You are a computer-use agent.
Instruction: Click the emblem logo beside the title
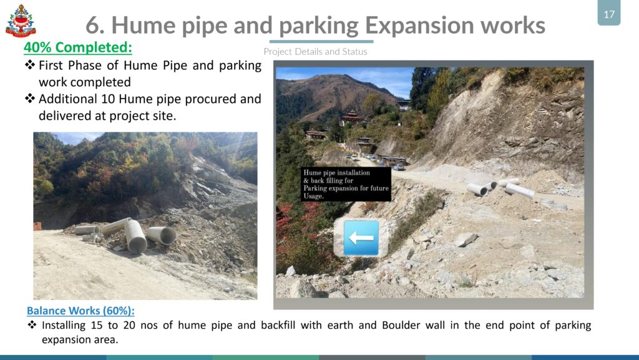[x=21, y=21]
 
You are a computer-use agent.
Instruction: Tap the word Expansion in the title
[x=419, y=25]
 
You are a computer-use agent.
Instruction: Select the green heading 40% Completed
[x=78, y=47]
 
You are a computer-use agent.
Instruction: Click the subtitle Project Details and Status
[x=315, y=52]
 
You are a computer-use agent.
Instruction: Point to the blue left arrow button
[x=361, y=238]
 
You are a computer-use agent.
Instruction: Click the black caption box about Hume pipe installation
[x=346, y=184]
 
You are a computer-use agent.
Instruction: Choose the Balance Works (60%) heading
[x=80, y=311]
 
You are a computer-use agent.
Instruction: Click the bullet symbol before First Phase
[x=30, y=65]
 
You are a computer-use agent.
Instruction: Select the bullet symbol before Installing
[x=32, y=324]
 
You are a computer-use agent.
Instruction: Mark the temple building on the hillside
[x=351, y=119]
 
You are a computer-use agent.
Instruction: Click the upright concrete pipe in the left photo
[x=135, y=236]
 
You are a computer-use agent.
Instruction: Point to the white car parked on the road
[x=398, y=167]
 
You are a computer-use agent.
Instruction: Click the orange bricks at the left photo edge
[x=37, y=226]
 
